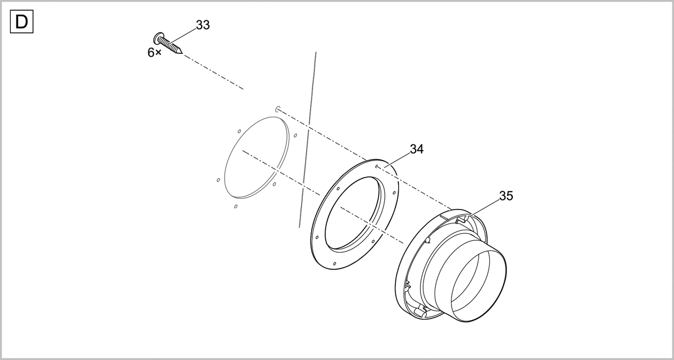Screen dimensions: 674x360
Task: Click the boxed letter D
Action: click(22, 22)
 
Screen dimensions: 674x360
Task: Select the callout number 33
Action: click(203, 25)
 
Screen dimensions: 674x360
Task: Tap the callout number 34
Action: click(417, 149)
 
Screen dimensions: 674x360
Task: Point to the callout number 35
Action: click(506, 196)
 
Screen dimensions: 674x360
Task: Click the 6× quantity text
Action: click(154, 52)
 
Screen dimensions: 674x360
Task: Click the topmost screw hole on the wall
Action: click(277, 109)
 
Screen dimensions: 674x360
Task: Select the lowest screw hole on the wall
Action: click(235, 206)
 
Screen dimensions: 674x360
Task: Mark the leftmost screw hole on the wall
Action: click(218, 180)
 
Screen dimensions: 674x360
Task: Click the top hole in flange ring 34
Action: click(376, 166)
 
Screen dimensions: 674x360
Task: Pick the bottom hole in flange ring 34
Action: click(335, 264)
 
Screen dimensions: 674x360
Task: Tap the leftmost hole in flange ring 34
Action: click(317, 238)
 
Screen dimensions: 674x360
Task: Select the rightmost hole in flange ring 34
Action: click(394, 193)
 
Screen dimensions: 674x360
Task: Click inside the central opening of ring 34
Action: click(353, 213)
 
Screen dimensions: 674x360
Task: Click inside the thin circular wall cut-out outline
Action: click(257, 157)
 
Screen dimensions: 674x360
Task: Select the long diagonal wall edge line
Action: click(308, 139)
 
